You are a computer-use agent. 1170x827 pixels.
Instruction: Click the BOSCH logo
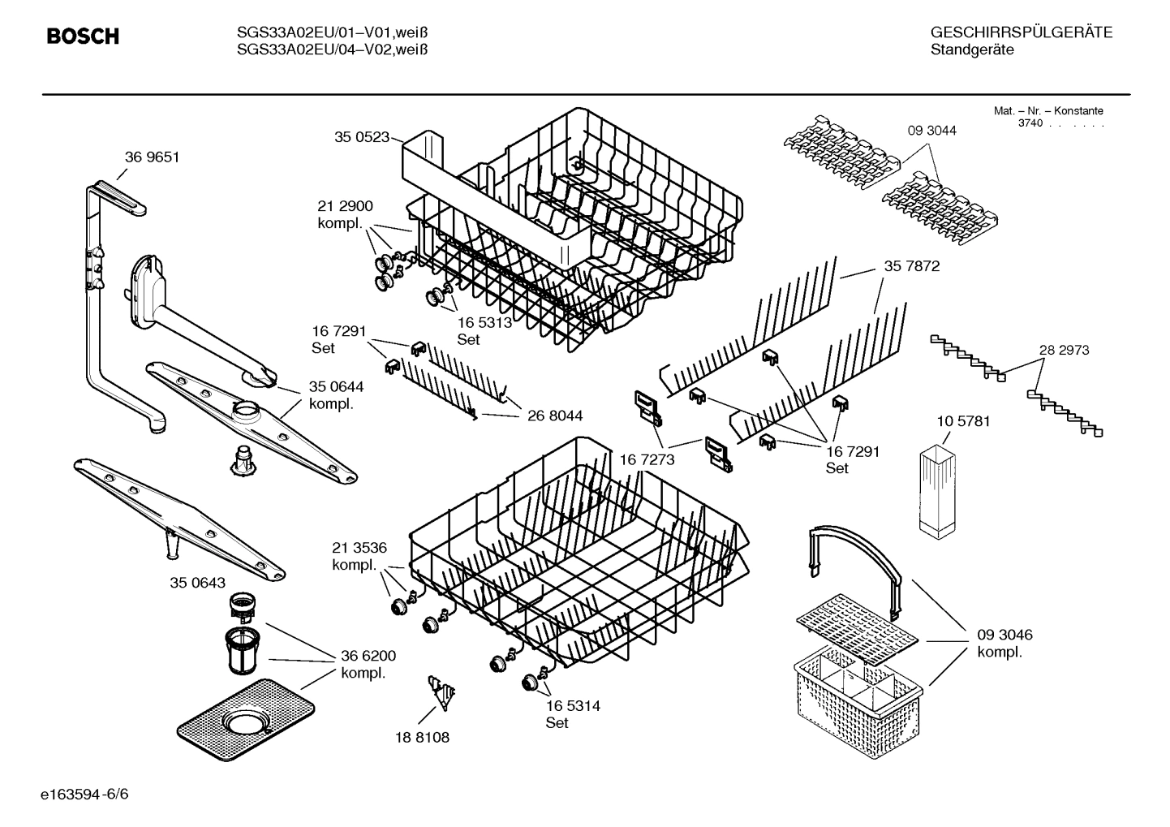[82, 37]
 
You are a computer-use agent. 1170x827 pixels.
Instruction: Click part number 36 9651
[152, 157]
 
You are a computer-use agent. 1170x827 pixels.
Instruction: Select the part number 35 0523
[362, 138]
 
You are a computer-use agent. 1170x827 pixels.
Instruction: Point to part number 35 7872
[911, 266]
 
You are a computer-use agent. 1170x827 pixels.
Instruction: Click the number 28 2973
[1064, 351]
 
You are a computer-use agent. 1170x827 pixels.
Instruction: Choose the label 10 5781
[962, 422]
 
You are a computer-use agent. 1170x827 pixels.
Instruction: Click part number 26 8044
[555, 416]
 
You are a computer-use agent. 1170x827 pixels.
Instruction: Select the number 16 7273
[647, 460]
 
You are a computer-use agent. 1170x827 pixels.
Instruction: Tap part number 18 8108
[422, 738]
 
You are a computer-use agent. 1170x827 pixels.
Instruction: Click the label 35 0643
[198, 583]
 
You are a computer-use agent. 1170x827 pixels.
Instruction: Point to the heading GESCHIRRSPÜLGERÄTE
[1021, 33]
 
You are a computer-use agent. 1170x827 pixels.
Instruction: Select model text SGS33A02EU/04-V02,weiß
[332, 50]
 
